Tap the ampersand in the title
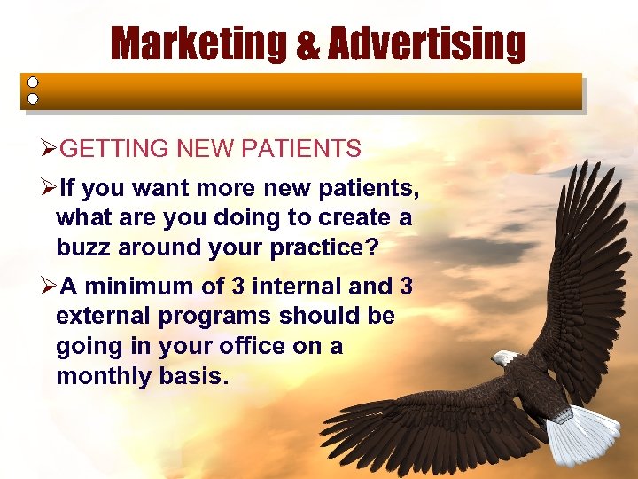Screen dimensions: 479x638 point(313,45)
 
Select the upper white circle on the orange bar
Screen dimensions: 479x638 point(33,82)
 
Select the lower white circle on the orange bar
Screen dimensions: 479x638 point(33,98)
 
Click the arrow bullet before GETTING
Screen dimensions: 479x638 point(51,149)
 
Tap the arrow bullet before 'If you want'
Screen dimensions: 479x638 point(51,189)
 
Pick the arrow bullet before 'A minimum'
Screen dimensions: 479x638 point(51,287)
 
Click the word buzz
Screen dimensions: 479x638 point(83,247)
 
